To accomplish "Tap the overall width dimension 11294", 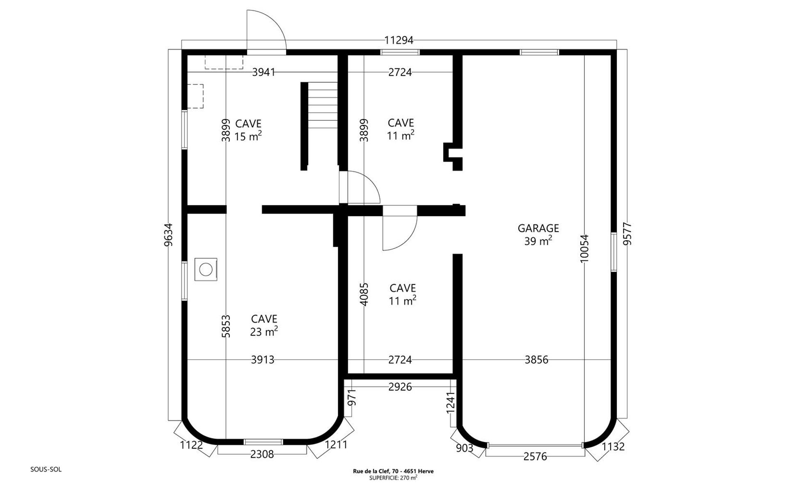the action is (x=399, y=40).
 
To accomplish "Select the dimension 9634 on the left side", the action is (x=168, y=235).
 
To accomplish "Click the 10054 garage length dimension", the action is (x=584, y=248).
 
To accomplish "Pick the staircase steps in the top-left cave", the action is (x=323, y=105).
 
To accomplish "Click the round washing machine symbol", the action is (x=206, y=269).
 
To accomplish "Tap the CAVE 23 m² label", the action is (x=264, y=325).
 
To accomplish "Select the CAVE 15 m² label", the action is (x=248, y=130).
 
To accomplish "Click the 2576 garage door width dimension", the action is (x=535, y=457).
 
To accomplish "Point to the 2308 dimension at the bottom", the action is (x=262, y=454).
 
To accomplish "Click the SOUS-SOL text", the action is (x=46, y=469).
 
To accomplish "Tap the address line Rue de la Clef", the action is (x=393, y=471).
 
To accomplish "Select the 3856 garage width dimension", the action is (x=536, y=360).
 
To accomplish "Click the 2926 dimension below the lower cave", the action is (x=400, y=387).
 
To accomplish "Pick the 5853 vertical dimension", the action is (x=226, y=326).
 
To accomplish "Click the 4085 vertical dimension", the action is (x=364, y=294).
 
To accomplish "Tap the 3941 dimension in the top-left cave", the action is (x=263, y=72).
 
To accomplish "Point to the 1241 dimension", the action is (x=451, y=402).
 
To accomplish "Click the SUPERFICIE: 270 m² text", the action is (x=393, y=478).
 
